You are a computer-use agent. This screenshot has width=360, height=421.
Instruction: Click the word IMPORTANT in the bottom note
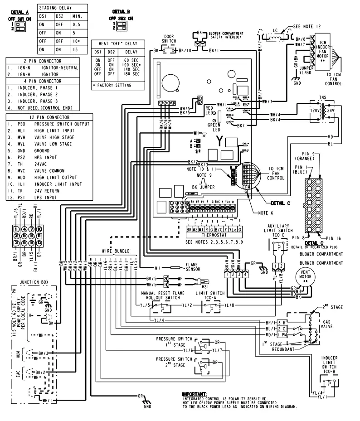point(194,394)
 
